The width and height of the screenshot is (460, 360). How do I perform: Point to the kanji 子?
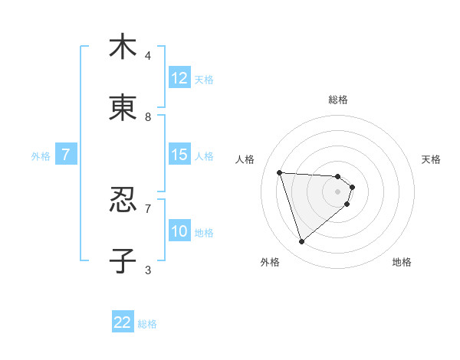pyautogui.click(x=123, y=260)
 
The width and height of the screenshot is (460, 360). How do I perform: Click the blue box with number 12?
pyautogui.click(x=179, y=78)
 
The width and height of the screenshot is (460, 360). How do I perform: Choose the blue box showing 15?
pyautogui.click(x=179, y=155)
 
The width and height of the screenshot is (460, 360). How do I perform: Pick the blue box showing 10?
pyautogui.click(x=179, y=231)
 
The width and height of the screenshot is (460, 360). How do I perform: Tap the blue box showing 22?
pyautogui.click(x=123, y=322)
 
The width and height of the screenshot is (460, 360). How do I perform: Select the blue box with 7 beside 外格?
pyautogui.click(x=66, y=155)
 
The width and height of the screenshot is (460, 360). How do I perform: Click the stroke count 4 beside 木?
pyautogui.click(x=148, y=55)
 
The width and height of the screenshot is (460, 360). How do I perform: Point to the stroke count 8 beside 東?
pyautogui.click(x=148, y=116)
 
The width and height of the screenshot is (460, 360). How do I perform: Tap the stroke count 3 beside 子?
pyautogui.click(x=148, y=270)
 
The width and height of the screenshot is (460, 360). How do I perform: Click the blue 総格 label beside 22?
pyautogui.click(x=147, y=324)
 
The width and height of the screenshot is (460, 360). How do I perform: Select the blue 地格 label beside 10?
pyautogui.click(x=204, y=233)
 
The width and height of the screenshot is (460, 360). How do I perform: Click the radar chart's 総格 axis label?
pyautogui.click(x=338, y=100)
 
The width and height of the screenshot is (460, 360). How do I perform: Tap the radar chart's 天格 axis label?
pyautogui.click(x=432, y=159)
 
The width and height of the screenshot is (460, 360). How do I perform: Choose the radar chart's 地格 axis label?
pyautogui.click(x=402, y=262)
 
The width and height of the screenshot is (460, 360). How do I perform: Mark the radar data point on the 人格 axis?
pyautogui.click(x=280, y=172)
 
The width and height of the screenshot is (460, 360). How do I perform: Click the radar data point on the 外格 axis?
pyautogui.click(x=301, y=242)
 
